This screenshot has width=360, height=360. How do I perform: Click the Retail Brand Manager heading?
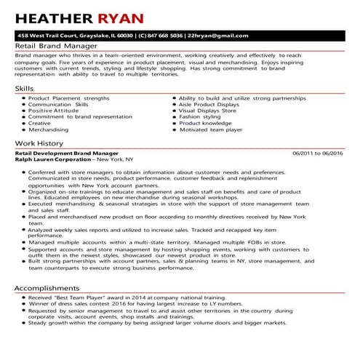pyautogui.click(x=48, y=46)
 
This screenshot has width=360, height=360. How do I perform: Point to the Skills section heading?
pyautogui.click(x=24, y=88)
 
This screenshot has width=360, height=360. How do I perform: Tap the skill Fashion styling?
pyautogui.click(x=200, y=117)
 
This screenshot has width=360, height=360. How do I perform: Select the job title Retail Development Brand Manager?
pyautogui.click(x=66, y=154)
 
